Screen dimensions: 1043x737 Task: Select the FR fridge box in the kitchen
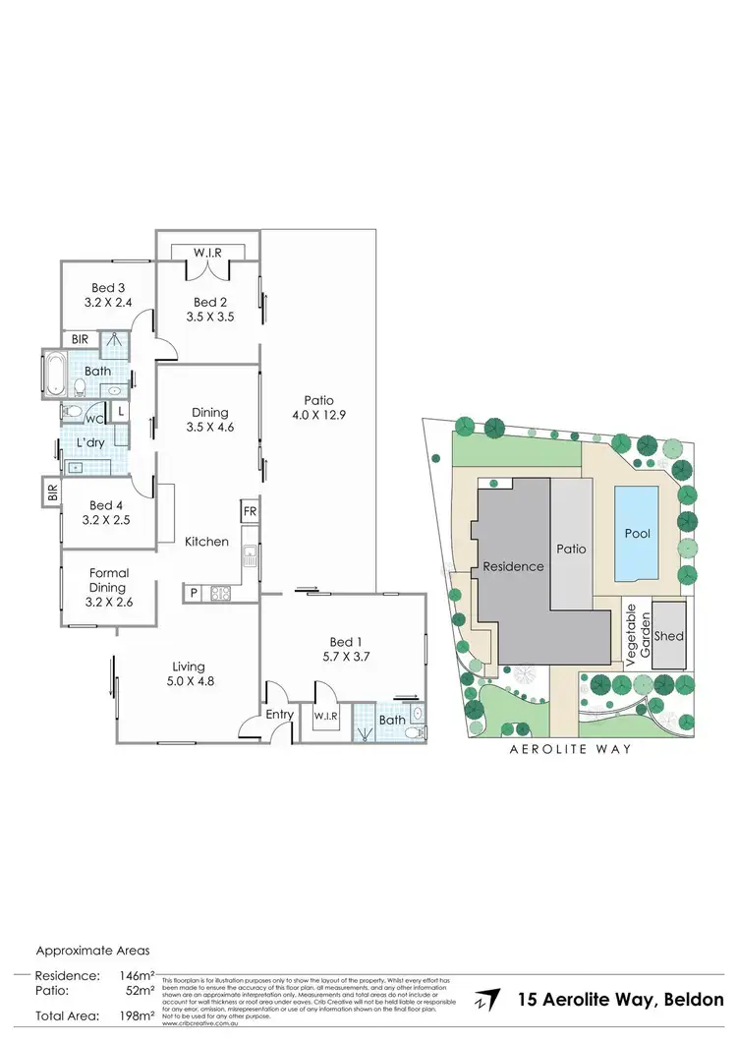coord(250,511)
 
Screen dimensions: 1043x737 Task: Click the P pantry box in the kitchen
coord(194,593)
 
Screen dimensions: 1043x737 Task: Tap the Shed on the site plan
coord(669,636)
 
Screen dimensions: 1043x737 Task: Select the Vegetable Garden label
coord(639,635)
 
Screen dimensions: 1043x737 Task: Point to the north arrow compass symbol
coord(482,1000)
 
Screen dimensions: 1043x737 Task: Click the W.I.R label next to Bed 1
coord(326,717)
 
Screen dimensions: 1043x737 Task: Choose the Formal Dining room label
coord(108,580)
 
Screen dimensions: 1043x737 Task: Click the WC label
coord(95,417)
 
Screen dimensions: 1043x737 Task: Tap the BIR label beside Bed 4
coord(51,490)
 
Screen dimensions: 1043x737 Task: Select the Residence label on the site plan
coord(512,566)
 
